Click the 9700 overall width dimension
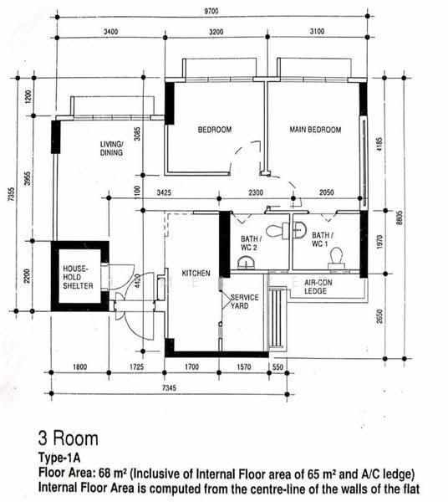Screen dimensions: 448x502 tap(211, 11)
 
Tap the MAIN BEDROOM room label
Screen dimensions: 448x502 tap(315, 130)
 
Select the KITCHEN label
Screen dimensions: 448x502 tap(196, 273)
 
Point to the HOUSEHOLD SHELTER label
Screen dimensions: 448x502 tap(78, 277)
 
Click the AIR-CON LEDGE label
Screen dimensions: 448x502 tap(318, 287)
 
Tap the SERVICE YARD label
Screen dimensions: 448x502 tap(245, 301)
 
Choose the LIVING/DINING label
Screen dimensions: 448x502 tap(111, 149)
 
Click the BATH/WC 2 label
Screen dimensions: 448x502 tap(251, 243)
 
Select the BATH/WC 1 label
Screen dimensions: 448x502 tap(323, 239)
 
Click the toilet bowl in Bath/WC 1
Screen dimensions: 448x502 tap(337, 258)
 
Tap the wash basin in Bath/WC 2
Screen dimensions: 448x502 tap(247, 263)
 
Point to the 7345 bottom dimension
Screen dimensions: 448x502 tap(169, 388)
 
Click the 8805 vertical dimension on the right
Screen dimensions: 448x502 tap(399, 218)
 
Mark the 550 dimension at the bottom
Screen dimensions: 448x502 tap(277, 367)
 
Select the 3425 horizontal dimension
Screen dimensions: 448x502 tap(164, 192)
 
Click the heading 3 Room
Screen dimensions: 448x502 tap(68, 438)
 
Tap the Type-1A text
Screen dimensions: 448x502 tap(59, 458)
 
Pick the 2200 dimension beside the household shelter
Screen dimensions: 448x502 tap(27, 276)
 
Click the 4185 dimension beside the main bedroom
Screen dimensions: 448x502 tap(379, 145)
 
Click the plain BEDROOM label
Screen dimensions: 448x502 tap(215, 130)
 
